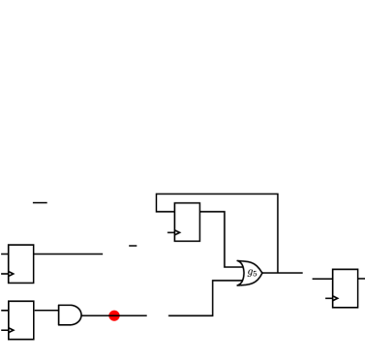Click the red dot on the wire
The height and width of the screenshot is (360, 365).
click(114, 315)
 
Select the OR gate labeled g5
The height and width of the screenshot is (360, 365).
click(249, 273)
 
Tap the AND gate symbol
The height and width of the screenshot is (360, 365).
click(70, 315)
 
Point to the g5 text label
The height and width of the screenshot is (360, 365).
click(252, 273)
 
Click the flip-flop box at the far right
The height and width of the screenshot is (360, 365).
click(345, 288)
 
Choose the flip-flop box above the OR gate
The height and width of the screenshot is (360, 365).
click(187, 222)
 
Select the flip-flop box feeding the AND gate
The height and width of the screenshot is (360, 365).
click(21, 320)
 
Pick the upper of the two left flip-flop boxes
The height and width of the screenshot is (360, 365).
click(21, 263)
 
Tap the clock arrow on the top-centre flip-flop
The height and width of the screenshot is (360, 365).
click(176, 232)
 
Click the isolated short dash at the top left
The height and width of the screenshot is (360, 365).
click(40, 202)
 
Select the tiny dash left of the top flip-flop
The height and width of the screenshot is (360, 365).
click(133, 246)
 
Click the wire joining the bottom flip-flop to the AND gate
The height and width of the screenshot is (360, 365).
click(46, 311)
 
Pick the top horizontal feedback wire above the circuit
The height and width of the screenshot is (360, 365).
click(217, 195)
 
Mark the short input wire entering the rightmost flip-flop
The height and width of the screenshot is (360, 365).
click(321, 279)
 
